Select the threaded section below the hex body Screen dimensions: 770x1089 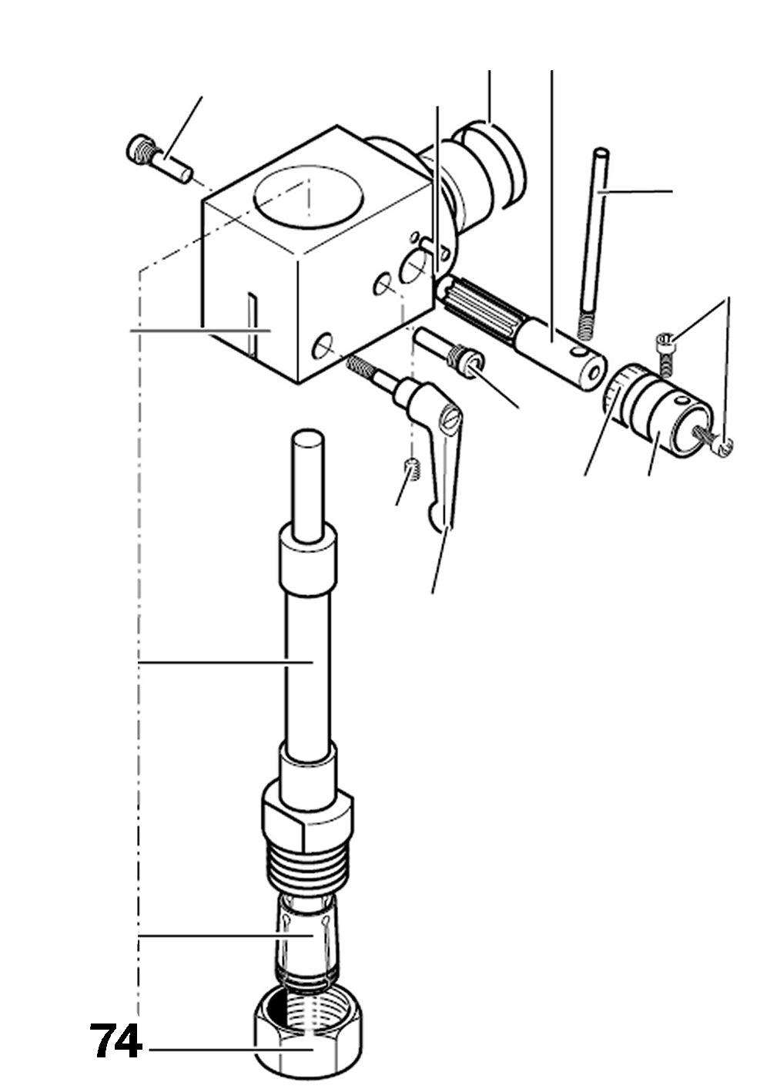308,865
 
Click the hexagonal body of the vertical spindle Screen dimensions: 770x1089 307,817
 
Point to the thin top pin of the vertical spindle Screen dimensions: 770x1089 308,485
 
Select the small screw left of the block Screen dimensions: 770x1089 160,159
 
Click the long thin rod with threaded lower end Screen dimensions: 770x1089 594,244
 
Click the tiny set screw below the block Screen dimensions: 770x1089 413,469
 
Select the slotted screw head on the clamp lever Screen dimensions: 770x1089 451,418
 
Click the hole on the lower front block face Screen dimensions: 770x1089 324,347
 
